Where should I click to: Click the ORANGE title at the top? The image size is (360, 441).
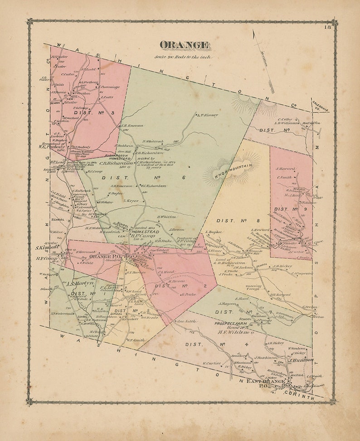tap(184, 45)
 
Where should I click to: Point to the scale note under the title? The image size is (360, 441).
tap(183, 57)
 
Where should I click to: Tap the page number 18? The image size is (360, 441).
tap(327, 28)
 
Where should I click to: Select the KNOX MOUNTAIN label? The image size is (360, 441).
tap(232, 168)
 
